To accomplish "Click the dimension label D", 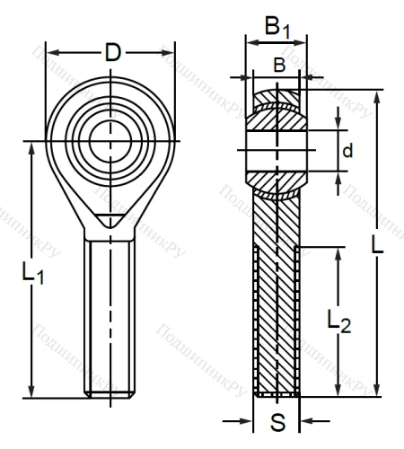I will (x=112, y=53).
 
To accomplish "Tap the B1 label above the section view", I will (x=277, y=29).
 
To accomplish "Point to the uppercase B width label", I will (x=279, y=65).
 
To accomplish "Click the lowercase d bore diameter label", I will (x=347, y=151).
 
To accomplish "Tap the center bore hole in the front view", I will (x=111, y=140).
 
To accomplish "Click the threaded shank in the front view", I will (x=111, y=314).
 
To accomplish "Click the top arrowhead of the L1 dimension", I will (x=32, y=145).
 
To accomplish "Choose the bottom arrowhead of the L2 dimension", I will (x=338, y=392).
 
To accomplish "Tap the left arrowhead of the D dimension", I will (x=50, y=52).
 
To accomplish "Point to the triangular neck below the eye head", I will (x=111, y=217).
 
